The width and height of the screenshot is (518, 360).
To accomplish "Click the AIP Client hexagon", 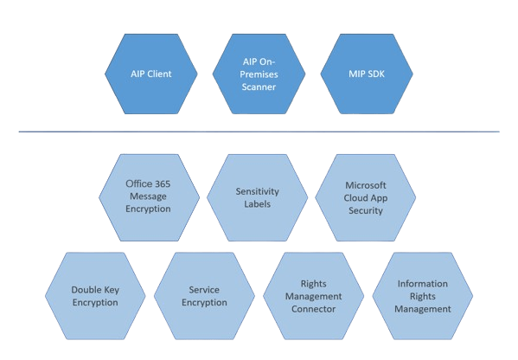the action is click(151, 74).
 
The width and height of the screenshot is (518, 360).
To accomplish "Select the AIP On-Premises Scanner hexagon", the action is click(259, 74).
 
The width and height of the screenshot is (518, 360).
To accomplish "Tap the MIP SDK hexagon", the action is click(367, 74).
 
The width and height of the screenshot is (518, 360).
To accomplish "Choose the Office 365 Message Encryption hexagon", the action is click(149, 197).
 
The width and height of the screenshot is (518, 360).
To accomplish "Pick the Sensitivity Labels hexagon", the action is click(257, 197).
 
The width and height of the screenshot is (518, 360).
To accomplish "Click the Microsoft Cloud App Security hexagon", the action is click(366, 197).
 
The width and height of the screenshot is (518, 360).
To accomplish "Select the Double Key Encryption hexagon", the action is click(95, 296).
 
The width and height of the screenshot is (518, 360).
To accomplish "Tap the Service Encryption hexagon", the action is click(204, 296).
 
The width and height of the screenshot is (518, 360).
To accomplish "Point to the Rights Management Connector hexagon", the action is click(314, 296).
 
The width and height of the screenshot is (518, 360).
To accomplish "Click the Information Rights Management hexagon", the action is click(423, 296).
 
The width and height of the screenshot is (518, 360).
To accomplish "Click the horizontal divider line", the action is click(259, 132).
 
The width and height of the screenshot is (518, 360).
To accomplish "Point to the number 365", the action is click(163, 183).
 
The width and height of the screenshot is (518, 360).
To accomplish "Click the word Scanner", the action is click(259, 87).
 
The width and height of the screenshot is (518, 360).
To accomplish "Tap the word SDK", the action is click(375, 74).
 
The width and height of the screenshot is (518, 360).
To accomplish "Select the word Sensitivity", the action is click(258, 191).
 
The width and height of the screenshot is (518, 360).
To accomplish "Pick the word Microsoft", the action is click(366, 185).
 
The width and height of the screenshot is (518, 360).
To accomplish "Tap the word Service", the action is click(204, 290).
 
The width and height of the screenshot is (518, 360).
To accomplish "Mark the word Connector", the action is click(314, 309).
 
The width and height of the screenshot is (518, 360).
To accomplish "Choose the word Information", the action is click(423, 284).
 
